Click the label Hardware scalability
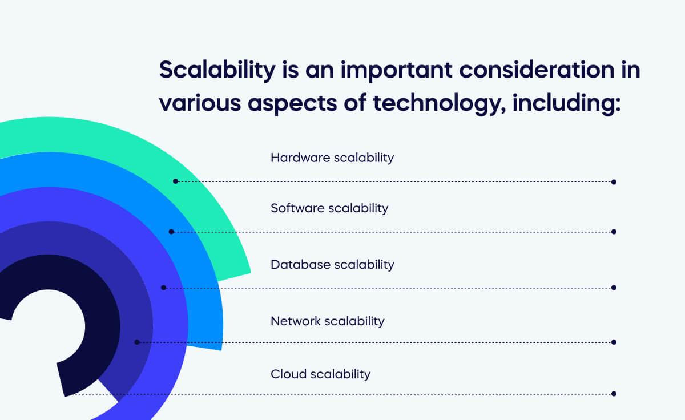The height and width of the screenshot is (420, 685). point(332,157)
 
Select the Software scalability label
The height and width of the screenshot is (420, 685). point(329,208)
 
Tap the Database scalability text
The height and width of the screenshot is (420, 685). point(332,265)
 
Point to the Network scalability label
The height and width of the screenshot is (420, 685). point(327,321)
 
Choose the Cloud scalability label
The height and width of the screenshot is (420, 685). point(320,374)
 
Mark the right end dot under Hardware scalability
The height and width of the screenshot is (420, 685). point(614,182)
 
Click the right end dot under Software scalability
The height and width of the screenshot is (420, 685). point(614,232)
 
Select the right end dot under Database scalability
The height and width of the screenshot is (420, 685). point(614,288)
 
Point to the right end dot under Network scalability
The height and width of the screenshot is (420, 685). point(614,342)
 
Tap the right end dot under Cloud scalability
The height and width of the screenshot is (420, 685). point(614,394)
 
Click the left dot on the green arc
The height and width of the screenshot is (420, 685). point(176,181)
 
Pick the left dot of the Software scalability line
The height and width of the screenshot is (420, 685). point(171,231)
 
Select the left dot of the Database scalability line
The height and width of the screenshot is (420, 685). point(163,287)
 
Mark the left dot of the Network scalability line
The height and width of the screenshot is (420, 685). point(137,342)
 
